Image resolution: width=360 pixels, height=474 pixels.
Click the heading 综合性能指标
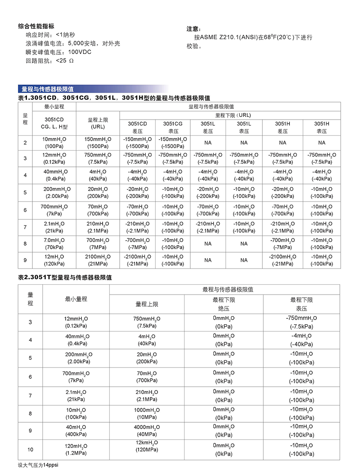click(36, 26)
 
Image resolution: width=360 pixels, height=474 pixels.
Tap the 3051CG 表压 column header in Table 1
click(173, 127)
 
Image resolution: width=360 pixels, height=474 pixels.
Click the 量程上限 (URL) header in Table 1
click(98, 123)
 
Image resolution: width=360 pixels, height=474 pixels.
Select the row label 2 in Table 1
click(25, 143)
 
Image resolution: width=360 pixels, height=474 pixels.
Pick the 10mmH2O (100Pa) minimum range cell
click(54, 143)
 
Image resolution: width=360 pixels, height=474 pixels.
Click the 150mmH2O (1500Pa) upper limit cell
click(98, 143)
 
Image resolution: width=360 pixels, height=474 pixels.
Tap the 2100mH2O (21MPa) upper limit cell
click(98, 260)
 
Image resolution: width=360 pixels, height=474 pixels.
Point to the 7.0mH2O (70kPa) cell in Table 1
click(54, 243)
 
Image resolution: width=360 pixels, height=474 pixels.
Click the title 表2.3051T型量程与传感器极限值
click(65, 277)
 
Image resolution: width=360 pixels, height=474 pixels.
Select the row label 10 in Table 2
click(31, 449)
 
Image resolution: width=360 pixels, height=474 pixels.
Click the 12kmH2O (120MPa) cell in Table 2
click(147, 446)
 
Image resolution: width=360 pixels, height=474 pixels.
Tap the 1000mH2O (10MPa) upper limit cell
click(147, 413)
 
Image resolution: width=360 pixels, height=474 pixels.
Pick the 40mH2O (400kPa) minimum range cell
click(76, 430)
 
